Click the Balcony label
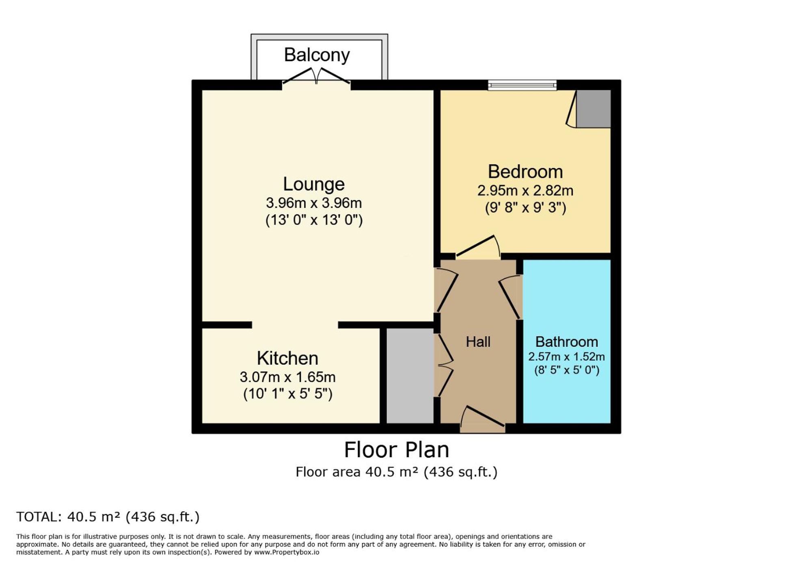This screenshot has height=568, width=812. (317, 55)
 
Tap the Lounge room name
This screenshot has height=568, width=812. (313, 184)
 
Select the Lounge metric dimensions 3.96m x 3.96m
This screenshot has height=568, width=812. (313, 203)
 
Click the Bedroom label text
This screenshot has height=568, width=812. (525, 172)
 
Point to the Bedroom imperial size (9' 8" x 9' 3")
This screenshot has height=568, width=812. (525, 208)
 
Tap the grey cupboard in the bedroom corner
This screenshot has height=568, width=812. (594, 109)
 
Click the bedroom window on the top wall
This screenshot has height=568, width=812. (522, 85)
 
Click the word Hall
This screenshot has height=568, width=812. (478, 342)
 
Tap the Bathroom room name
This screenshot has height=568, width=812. (566, 342)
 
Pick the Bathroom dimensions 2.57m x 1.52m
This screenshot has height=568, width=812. (566, 356)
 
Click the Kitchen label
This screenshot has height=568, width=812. (287, 359)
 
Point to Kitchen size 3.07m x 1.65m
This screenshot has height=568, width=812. (287, 377)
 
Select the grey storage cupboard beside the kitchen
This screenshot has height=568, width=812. (410, 376)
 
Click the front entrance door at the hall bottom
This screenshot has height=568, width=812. (482, 420)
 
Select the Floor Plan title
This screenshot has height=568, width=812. (396, 450)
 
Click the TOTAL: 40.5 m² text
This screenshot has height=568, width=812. (108, 517)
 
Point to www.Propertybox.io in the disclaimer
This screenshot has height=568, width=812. (287, 552)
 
